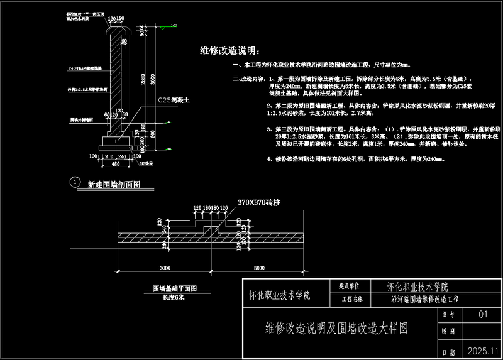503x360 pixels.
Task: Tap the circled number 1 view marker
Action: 75,183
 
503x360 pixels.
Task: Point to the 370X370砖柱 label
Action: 259,202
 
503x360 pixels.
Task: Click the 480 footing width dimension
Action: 116,164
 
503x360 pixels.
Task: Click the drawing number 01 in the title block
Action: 483,314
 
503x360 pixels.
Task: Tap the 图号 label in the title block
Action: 448,314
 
